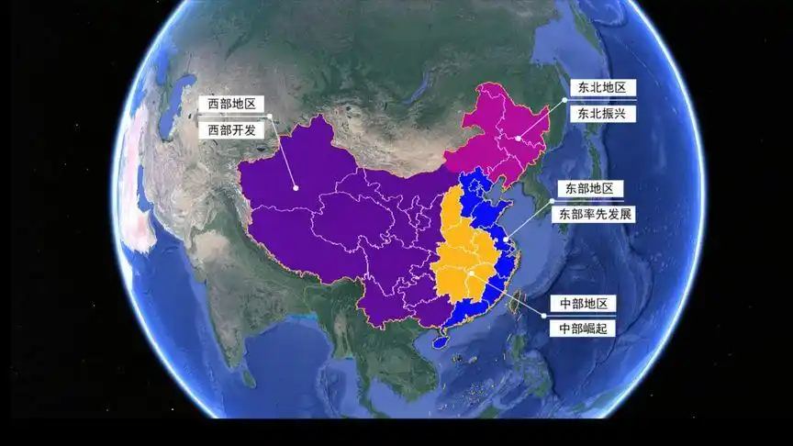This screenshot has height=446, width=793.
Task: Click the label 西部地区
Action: pos(232,105)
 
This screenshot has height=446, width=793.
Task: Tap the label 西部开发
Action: pos(232,130)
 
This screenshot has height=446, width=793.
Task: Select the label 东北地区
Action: pos(602,87)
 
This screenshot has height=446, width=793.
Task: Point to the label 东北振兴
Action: pos(602,113)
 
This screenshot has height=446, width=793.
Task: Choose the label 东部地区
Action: pos(588,188)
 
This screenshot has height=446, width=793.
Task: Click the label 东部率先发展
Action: pos(594,214)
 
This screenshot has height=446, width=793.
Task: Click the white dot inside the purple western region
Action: pos(296,188)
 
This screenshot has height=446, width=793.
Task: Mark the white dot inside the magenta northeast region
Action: pos(518,139)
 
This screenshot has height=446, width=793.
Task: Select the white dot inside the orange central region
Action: pos(469,273)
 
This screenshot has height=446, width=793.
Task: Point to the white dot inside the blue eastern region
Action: pos(505,240)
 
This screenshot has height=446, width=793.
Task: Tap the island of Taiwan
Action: pos(517,303)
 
